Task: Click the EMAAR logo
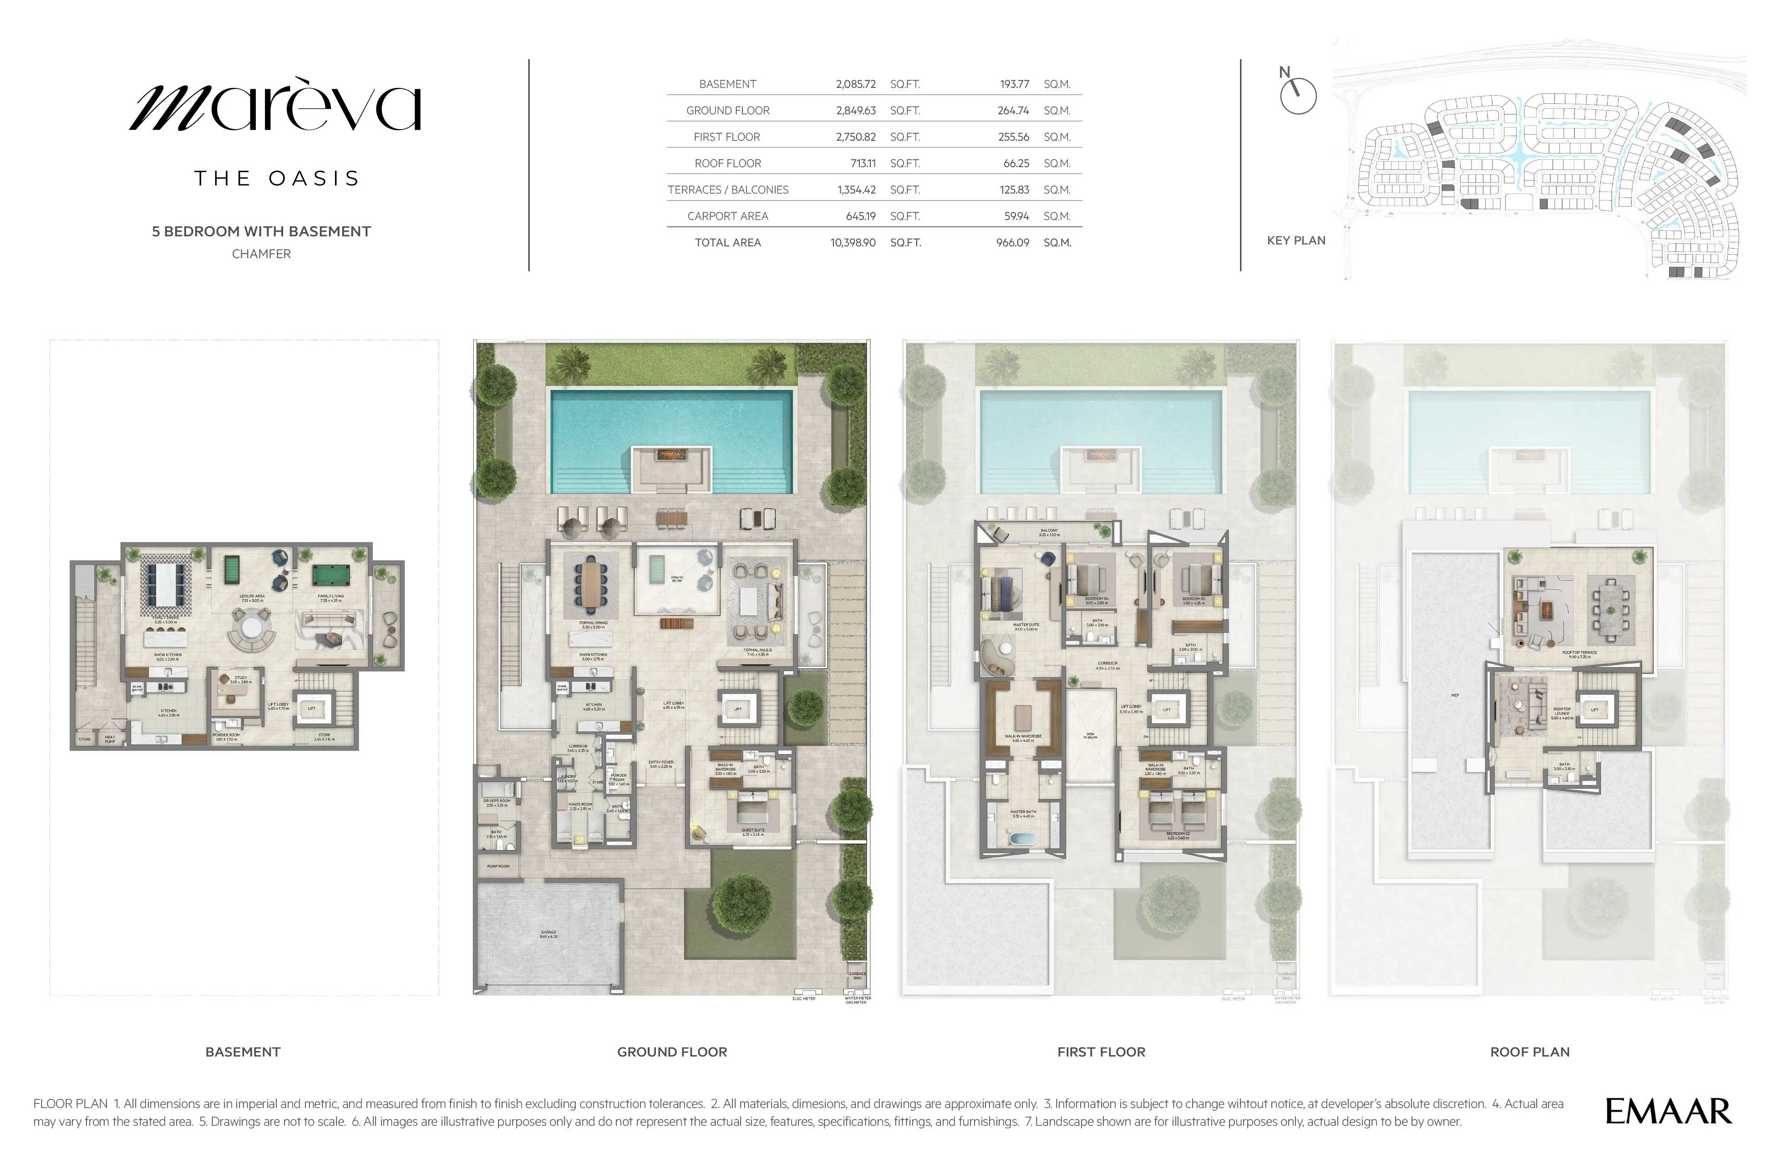click(1668, 1111)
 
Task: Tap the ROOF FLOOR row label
click(727, 163)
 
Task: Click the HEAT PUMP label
click(110, 739)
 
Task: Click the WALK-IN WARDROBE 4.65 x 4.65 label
click(1022, 737)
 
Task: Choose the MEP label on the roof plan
click(1455, 695)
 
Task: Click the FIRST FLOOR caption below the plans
click(1101, 1052)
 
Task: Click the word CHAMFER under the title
click(261, 254)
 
